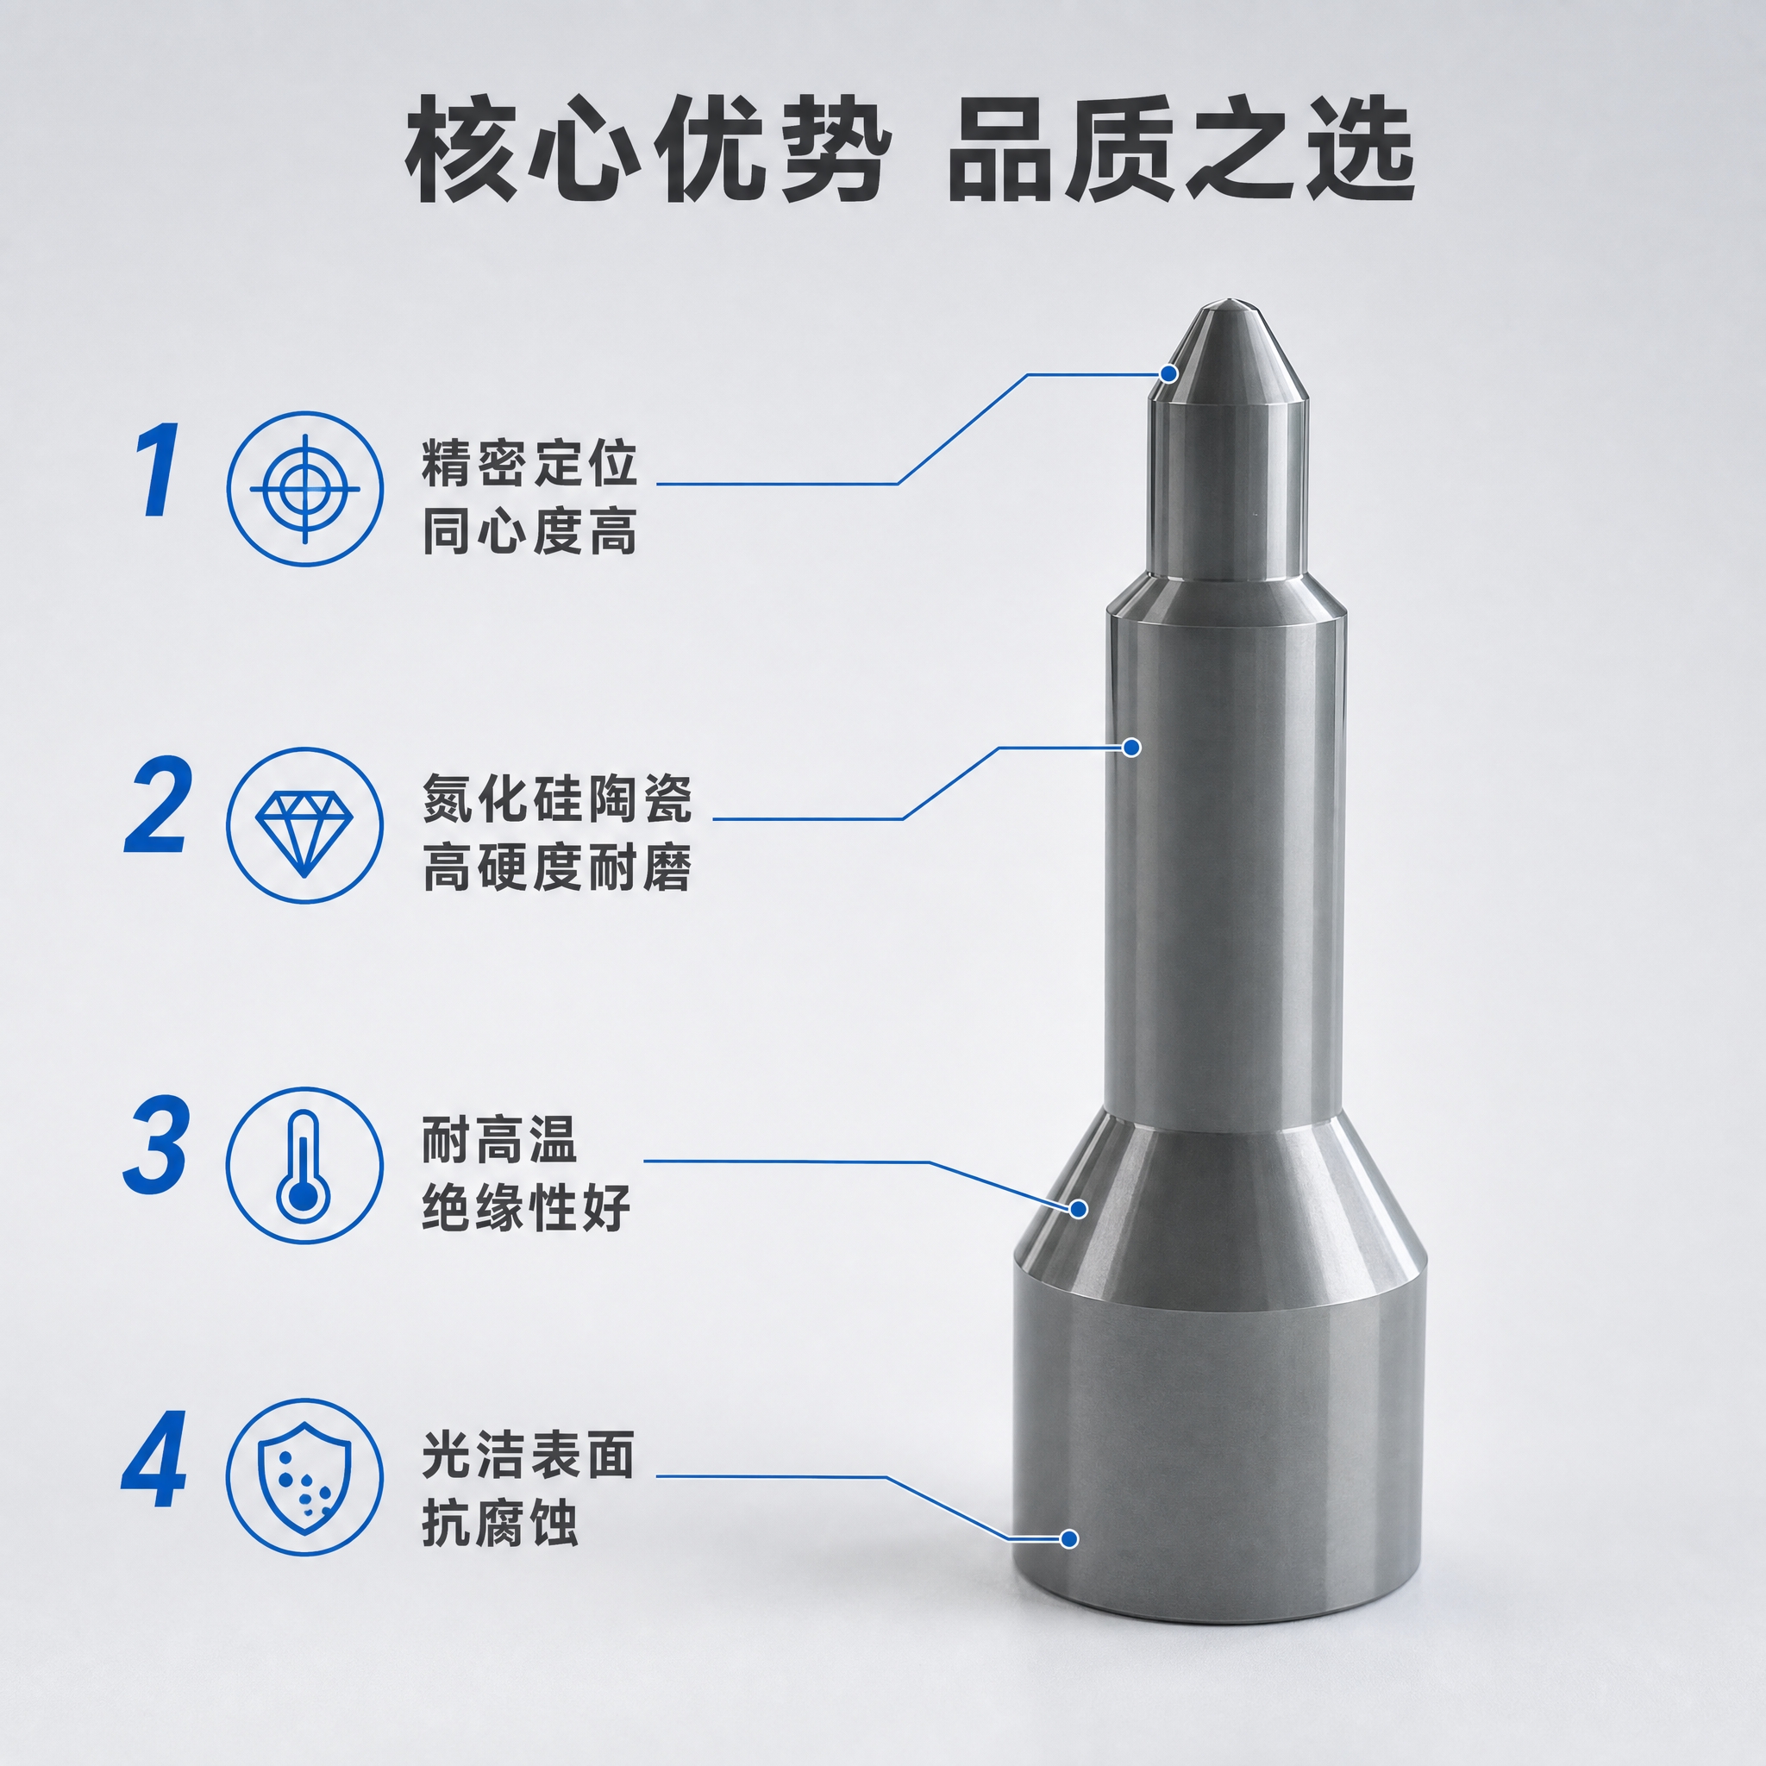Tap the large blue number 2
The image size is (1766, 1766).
(x=158, y=807)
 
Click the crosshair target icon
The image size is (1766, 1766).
(x=305, y=488)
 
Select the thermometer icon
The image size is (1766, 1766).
(x=304, y=1166)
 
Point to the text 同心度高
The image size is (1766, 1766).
(x=529, y=530)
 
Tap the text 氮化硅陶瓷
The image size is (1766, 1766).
(x=557, y=798)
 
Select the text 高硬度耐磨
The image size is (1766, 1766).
(x=557, y=867)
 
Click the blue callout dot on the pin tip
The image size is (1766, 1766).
(x=1169, y=373)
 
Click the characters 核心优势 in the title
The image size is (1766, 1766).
(x=645, y=151)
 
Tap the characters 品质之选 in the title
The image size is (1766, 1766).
(x=1179, y=151)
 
